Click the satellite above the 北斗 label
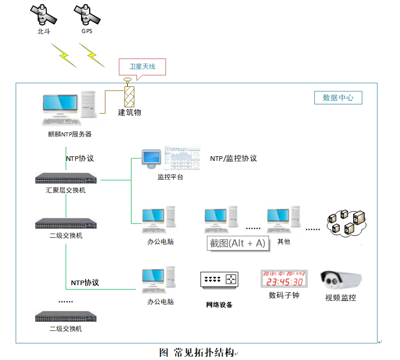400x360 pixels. pos(43,15)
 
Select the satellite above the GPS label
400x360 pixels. pos(87,15)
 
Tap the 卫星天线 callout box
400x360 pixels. pos(142,66)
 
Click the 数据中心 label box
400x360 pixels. pos(338,98)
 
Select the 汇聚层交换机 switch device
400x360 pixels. pos(66,179)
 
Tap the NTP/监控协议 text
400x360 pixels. pos(233,158)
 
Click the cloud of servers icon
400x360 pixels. pos(346,221)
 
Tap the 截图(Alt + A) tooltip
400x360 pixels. pos(237,243)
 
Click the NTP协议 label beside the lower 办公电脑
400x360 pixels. pos(85,283)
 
